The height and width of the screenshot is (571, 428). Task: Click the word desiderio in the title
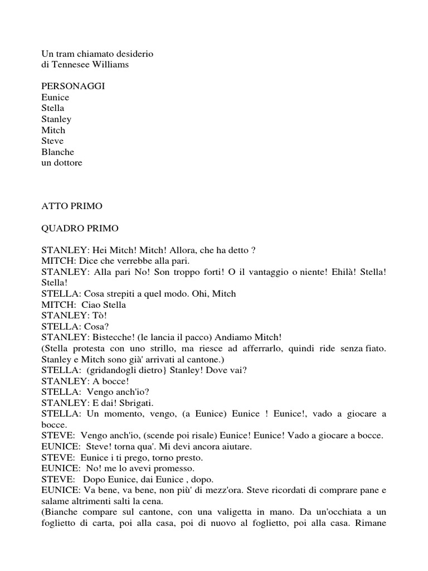coord(135,54)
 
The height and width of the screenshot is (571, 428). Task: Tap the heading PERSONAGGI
coord(73,86)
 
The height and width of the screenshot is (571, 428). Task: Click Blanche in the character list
coord(57,152)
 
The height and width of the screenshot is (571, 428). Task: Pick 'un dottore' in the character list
coord(61,163)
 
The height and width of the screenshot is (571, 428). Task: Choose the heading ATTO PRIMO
coord(72,206)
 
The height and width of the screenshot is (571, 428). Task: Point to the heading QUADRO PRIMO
coord(80,228)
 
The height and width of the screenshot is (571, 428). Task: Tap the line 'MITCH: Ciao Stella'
coord(84,304)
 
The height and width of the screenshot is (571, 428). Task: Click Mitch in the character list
coord(53,130)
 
